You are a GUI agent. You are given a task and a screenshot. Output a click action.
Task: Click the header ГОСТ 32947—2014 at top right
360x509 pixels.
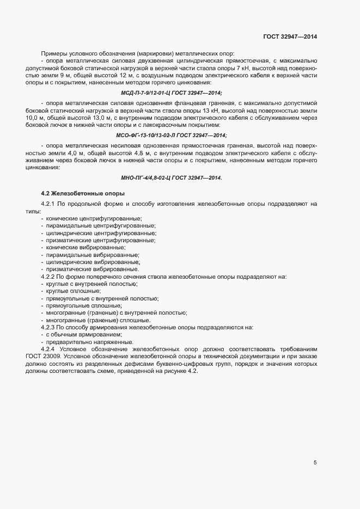point(290,36)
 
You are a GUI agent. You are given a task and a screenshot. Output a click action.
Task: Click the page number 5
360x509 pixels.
point(315,463)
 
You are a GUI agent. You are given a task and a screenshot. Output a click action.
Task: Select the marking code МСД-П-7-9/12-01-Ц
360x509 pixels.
point(143,93)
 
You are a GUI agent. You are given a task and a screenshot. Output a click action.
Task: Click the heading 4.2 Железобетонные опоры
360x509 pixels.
point(83,193)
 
